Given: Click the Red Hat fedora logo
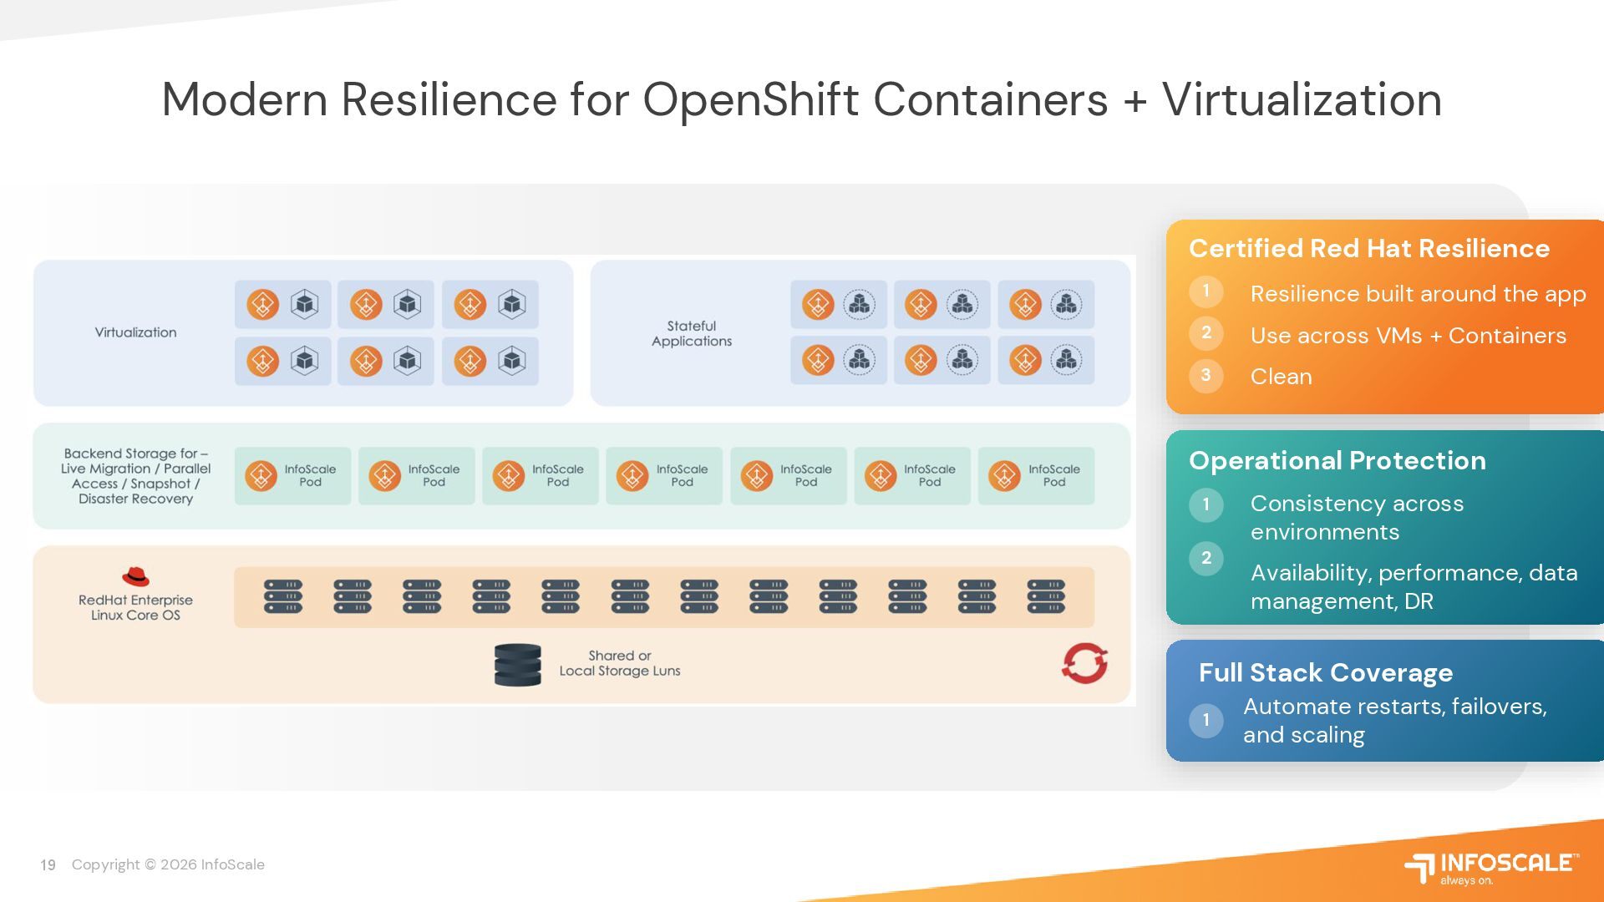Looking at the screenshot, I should tap(135, 576).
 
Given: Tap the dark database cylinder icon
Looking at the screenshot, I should tap(517, 665).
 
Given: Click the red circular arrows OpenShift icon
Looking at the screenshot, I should tap(1084, 663).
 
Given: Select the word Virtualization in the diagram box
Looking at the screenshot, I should tap(135, 332).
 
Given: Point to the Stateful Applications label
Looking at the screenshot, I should tap(692, 333).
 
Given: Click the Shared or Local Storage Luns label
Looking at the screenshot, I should tap(619, 663).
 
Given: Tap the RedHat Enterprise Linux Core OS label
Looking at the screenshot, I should tap(135, 607).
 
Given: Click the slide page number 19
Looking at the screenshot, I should tap(48, 865).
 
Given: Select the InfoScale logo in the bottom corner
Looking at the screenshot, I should tap(1491, 867).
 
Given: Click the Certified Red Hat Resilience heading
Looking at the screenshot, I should tap(1368, 248).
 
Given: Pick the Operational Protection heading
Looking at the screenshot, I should tap(1337, 460).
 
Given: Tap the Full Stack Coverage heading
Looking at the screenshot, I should tap(1325, 672).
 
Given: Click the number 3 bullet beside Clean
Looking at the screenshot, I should tap(1206, 375).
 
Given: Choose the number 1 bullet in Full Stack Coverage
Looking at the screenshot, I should tap(1206, 720).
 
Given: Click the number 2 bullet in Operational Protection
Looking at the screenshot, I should tap(1206, 558).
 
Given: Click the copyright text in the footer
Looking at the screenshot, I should tap(168, 865).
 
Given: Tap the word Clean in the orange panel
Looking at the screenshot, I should tap(1281, 377).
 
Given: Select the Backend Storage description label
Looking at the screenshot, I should tap(135, 476).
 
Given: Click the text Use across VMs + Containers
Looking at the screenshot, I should tap(1408, 336).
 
